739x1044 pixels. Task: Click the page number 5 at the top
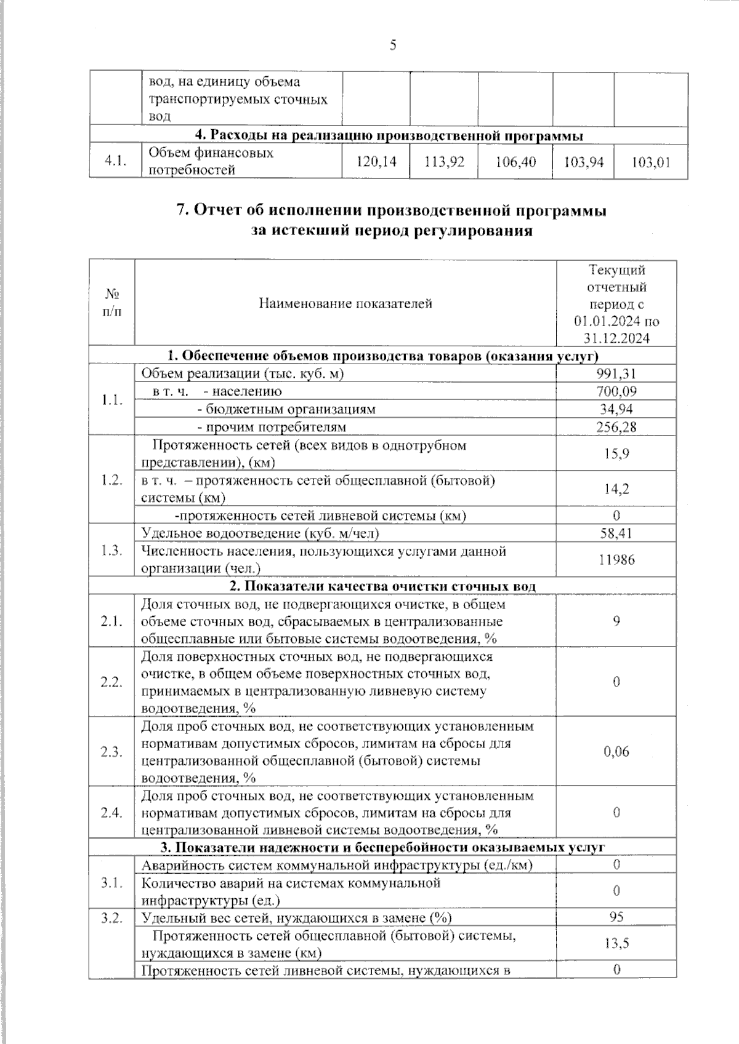point(392,46)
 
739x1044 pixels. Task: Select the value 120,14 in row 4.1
point(376,162)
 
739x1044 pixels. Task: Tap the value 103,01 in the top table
point(651,162)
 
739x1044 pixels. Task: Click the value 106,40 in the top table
point(515,162)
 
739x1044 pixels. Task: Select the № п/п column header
point(111,303)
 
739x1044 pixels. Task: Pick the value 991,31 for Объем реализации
point(616,374)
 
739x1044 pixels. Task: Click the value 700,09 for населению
point(616,391)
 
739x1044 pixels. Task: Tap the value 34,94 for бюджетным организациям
point(616,409)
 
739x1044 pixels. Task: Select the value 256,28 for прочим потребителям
point(616,427)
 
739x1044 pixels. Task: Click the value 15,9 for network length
point(616,454)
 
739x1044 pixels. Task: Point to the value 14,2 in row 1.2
point(616,489)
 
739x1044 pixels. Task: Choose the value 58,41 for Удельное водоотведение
point(616,533)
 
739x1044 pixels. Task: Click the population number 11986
point(616,560)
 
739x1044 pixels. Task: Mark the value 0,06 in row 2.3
point(616,752)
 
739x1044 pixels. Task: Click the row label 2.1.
point(111,621)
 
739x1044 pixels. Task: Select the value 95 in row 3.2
point(616,917)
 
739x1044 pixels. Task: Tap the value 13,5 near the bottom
point(616,944)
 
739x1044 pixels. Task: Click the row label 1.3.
point(111,551)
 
